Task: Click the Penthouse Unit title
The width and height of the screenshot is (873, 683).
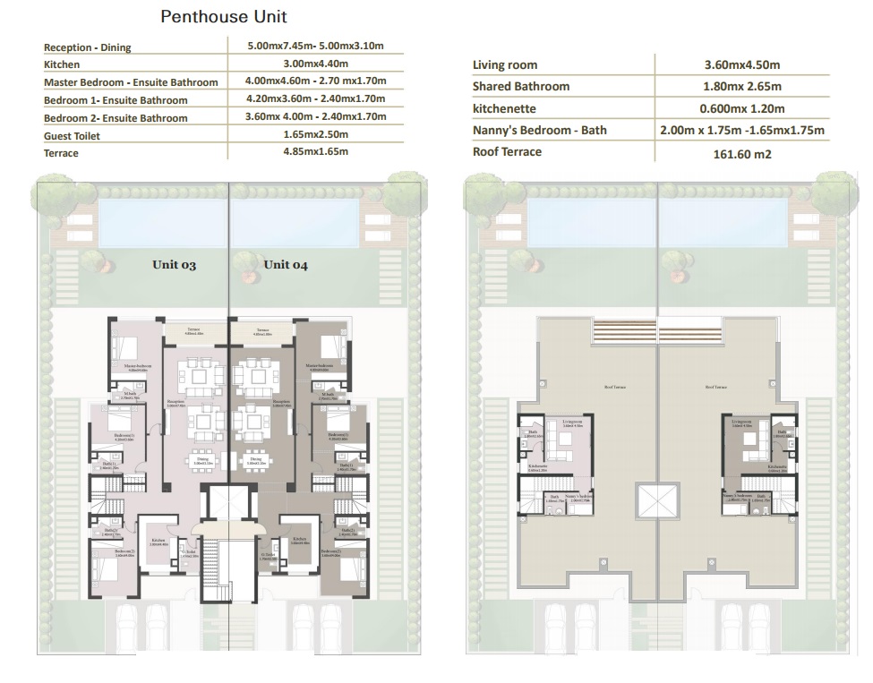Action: pos(224,17)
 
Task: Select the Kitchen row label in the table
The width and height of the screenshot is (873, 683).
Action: pos(62,64)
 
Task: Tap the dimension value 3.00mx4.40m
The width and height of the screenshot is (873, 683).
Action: pos(316,64)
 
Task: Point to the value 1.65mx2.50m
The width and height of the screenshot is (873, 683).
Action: pos(316,134)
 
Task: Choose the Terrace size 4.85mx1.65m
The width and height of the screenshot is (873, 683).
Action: pos(316,152)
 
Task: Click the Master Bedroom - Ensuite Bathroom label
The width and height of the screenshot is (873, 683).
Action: pos(131,82)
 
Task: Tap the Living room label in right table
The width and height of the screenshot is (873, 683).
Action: pos(505,65)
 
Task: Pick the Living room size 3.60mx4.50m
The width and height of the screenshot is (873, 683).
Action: pos(742,65)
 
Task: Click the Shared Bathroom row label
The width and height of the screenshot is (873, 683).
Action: pos(521,87)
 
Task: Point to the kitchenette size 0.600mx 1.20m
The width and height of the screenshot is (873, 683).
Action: pos(742,108)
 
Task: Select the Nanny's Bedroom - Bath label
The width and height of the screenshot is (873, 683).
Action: pos(540,130)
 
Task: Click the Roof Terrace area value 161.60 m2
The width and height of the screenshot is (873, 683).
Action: pos(742,152)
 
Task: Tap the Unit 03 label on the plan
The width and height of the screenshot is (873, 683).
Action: pos(174,265)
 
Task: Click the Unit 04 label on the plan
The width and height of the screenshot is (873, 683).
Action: pos(286,265)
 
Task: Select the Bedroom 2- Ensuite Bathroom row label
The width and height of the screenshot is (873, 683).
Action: pos(116,118)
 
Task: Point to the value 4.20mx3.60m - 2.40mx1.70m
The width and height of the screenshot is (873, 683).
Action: pos(316,99)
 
